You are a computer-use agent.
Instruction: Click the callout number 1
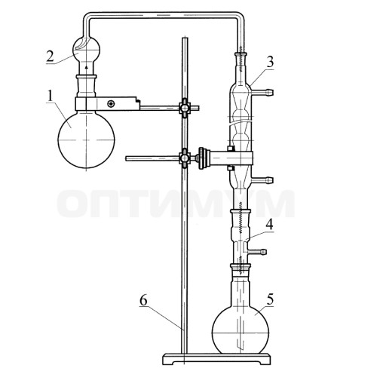point(51,96)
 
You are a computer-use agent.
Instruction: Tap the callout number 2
point(50,57)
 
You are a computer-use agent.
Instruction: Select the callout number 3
point(270,63)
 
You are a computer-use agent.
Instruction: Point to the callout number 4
point(269,225)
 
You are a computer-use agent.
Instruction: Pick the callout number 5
point(270,299)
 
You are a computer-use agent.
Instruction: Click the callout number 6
point(143,300)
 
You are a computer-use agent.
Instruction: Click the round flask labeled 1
point(86,139)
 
